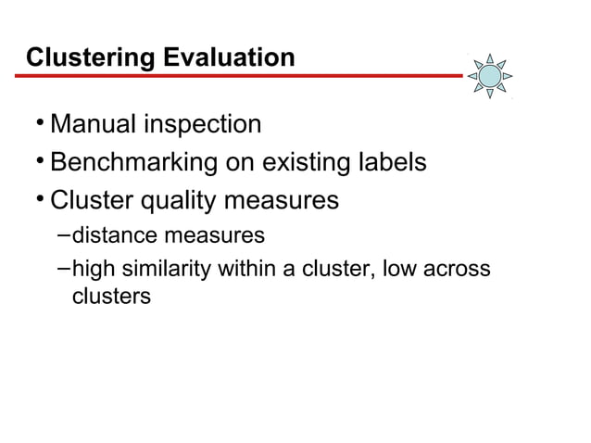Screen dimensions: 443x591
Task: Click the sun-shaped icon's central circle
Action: coord(489,74)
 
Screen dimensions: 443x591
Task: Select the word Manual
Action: coord(94,124)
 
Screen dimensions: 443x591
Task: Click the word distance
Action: coord(112,235)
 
